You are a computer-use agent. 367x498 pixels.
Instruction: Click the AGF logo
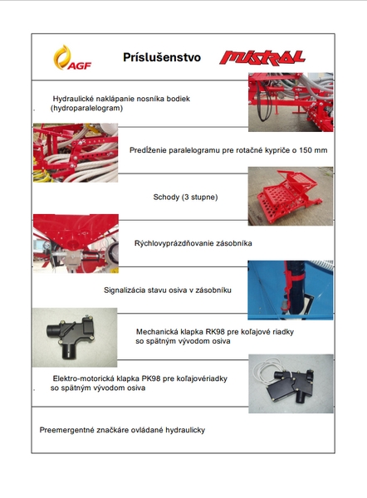[x=72, y=57]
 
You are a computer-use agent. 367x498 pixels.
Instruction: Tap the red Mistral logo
[x=262, y=58]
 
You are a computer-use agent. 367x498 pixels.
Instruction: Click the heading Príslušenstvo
[x=162, y=57]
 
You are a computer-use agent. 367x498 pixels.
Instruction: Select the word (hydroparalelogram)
[x=86, y=108]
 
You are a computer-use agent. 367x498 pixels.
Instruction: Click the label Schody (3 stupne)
[x=185, y=198]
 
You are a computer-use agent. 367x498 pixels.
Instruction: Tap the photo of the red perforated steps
[x=291, y=196]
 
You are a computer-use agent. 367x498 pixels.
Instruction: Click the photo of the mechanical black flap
[x=75, y=337]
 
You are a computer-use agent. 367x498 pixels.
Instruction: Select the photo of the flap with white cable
[x=291, y=383]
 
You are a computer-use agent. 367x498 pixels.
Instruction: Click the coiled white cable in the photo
[x=267, y=369]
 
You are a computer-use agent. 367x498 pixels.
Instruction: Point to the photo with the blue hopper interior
[x=291, y=290]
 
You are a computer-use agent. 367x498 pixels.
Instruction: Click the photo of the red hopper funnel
[x=76, y=243]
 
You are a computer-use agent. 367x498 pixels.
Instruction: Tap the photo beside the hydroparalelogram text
[x=291, y=102]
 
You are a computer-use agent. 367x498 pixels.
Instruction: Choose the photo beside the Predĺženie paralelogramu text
[x=76, y=153]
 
